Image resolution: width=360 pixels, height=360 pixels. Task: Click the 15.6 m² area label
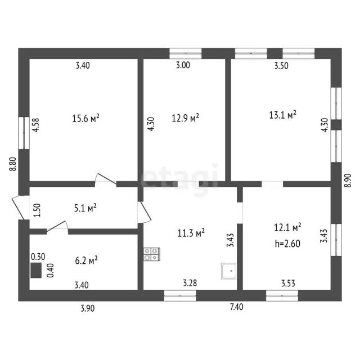click(85, 118)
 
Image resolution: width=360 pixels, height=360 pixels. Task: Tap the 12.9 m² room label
click(185, 118)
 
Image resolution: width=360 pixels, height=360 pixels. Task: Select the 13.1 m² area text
click(282, 115)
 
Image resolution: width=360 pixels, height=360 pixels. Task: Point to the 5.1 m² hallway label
click(85, 208)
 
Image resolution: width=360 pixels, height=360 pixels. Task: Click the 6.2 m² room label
click(86, 260)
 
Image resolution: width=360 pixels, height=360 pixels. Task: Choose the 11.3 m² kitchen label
click(191, 233)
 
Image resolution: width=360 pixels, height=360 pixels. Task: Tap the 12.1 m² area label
click(287, 227)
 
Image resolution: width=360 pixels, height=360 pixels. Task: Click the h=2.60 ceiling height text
click(287, 244)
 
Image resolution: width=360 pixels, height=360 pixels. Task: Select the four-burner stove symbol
click(152, 254)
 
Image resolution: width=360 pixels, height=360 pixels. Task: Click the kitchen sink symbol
click(229, 271)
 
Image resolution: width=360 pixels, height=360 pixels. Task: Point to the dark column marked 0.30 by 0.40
click(36, 270)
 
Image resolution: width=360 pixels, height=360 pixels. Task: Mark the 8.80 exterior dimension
click(13, 164)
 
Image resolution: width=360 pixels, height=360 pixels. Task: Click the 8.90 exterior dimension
click(348, 181)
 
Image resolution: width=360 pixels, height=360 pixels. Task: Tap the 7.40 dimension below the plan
click(236, 307)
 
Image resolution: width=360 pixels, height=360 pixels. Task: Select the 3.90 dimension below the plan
click(88, 308)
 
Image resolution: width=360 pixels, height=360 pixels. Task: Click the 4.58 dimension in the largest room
click(35, 125)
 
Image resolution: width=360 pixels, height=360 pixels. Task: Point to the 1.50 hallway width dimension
click(37, 210)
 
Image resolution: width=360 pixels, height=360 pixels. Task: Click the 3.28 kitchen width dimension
click(190, 283)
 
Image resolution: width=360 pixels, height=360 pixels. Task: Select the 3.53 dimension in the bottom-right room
click(288, 283)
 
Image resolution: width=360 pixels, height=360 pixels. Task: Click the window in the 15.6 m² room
click(24, 133)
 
